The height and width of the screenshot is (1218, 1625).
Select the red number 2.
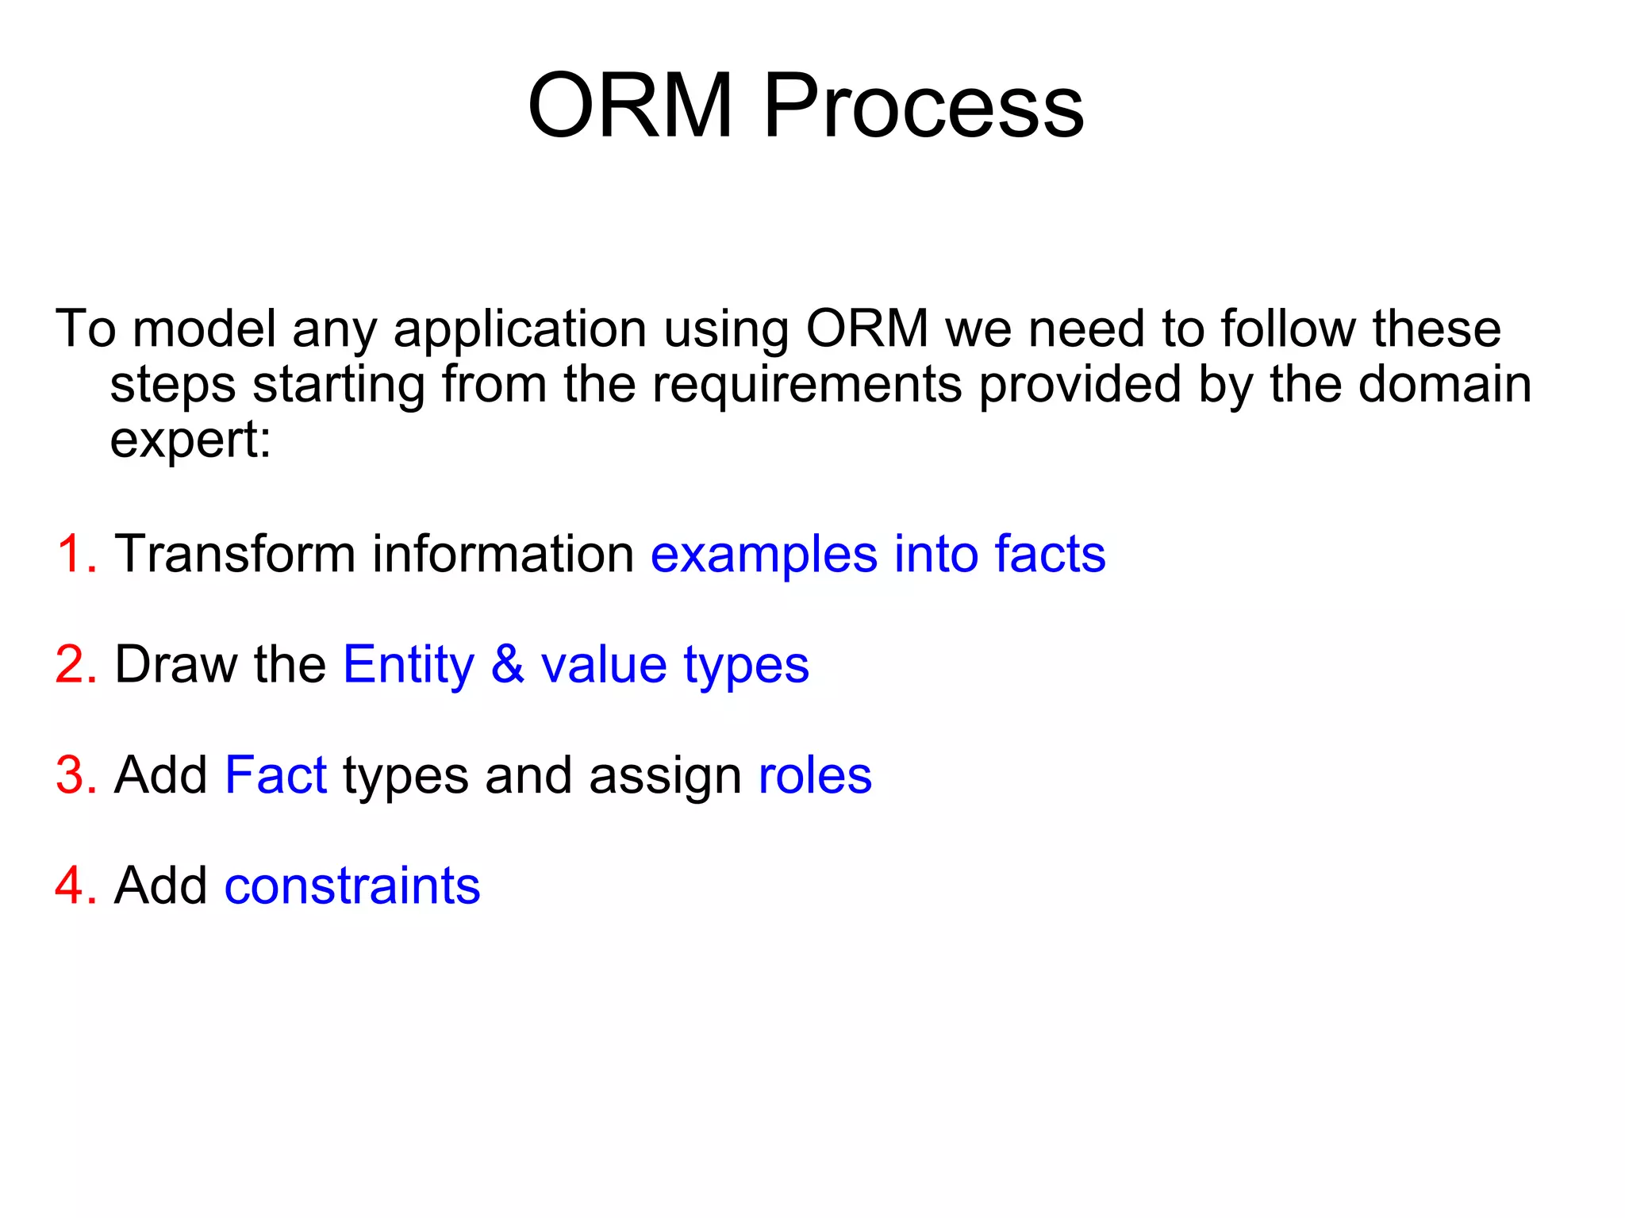(x=75, y=664)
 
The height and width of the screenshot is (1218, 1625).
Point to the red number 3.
(x=75, y=775)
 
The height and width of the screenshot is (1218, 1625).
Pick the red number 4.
(x=75, y=886)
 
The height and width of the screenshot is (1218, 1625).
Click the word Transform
(x=235, y=554)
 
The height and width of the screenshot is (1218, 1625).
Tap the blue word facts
(x=1050, y=554)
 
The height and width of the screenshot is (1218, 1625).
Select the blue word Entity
(x=408, y=666)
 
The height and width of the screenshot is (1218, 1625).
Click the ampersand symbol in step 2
(x=508, y=664)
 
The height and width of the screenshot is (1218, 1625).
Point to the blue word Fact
(x=275, y=775)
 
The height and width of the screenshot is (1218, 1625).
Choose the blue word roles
(x=815, y=776)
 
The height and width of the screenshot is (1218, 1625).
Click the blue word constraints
(x=352, y=886)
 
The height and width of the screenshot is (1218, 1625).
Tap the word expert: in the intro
(x=190, y=441)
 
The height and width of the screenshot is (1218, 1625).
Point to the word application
(x=520, y=330)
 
